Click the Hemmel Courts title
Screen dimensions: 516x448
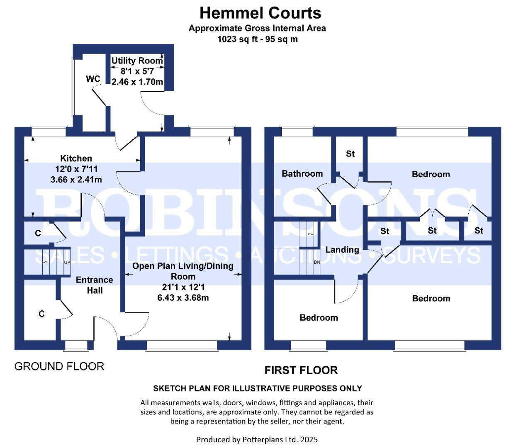pos(260,13)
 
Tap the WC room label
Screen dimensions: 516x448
pos(93,79)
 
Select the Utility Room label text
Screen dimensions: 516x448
pos(137,61)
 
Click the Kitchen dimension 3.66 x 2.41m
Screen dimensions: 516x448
pos(76,180)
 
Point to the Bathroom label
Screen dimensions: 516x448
pos(302,173)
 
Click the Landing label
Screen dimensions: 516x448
pos(342,250)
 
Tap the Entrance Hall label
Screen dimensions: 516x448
pos(95,285)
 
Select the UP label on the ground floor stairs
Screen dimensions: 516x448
pos(67,263)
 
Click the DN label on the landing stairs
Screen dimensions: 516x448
pos(317,262)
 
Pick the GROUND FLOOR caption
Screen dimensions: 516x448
pos(59,366)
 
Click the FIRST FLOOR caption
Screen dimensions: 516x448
pos(301,370)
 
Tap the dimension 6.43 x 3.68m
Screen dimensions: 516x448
pos(183,298)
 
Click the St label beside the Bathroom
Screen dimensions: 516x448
pos(350,154)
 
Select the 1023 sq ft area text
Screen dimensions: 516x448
pos(239,39)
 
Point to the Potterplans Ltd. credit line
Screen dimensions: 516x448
pos(257,440)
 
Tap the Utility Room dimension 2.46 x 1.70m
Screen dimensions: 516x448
pos(137,82)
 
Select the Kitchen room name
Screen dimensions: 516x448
pos(76,158)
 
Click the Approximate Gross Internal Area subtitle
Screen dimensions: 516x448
pos(257,28)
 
